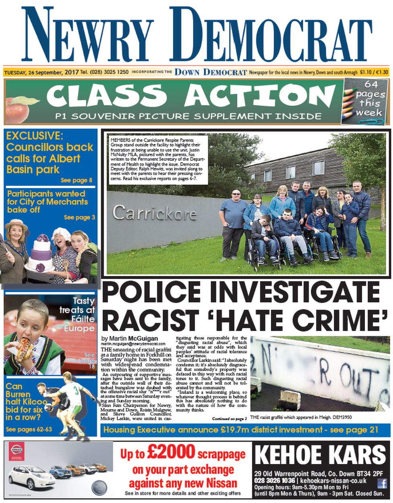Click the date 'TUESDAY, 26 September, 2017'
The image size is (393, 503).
click(41, 72)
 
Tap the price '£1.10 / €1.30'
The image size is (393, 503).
click(374, 72)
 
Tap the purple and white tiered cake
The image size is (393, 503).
click(41, 254)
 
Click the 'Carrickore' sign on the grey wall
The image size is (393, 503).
click(154, 212)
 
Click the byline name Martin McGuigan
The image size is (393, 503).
click(129, 338)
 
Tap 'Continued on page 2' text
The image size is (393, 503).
click(230, 419)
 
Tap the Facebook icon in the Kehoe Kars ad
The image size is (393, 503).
click(381, 483)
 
